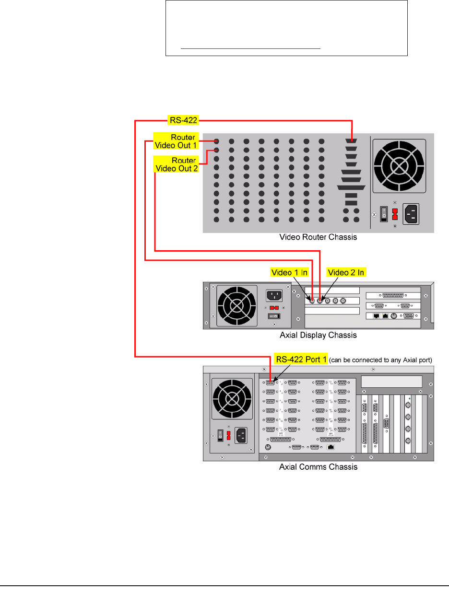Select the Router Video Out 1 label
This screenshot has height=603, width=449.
click(x=175, y=140)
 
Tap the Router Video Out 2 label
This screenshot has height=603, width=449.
click(x=175, y=164)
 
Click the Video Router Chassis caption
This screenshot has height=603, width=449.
click(x=318, y=237)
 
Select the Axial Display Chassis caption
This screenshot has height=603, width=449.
click(x=318, y=335)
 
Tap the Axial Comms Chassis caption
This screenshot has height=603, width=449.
click(x=318, y=466)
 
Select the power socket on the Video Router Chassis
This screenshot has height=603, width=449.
click(x=416, y=212)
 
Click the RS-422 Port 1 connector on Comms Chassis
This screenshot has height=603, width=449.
click(x=270, y=383)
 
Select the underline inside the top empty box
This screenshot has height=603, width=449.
click(x=250, y=48)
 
